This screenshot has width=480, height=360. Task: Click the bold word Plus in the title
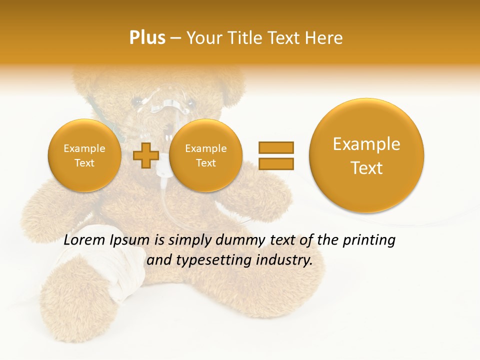pos(147,38)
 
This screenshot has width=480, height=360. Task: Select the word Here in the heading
pos(324,38)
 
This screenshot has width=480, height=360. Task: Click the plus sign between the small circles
pos(145,155)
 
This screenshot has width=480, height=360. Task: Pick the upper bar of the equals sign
pos(275,147)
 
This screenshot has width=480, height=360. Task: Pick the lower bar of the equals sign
pos(275,163)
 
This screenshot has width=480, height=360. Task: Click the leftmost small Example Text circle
pos(84,155)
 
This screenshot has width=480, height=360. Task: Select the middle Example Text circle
pos(205,155)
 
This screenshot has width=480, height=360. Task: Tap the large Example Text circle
pos(366,155)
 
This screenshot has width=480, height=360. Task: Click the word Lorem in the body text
pos(84,240)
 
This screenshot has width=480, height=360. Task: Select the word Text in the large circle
pos(366,168)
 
